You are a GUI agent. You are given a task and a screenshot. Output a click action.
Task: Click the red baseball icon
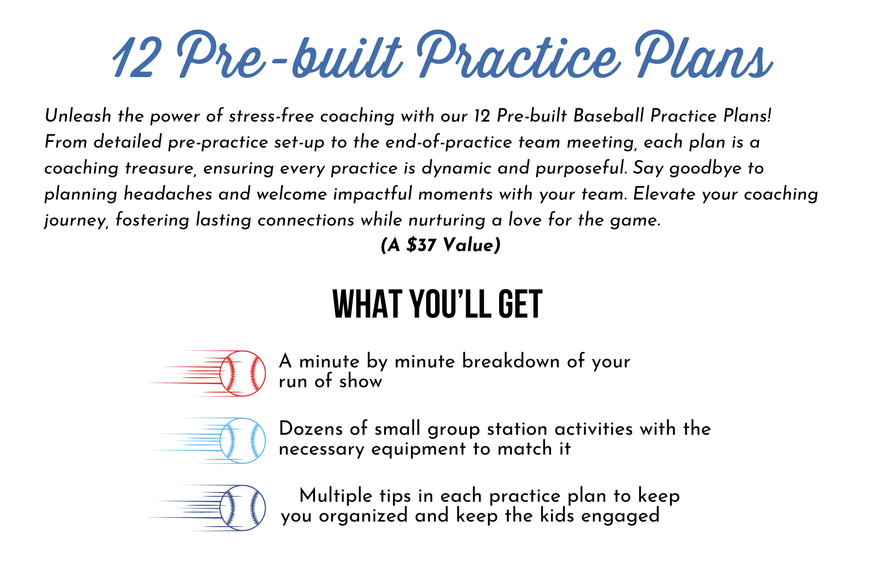pyautogui.click(x=242, y=374)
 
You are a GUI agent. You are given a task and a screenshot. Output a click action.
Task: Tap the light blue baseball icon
pyautogui.click(x=242, y=440)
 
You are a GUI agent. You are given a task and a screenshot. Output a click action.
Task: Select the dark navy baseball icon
pyautogui.click(x=242, y=508)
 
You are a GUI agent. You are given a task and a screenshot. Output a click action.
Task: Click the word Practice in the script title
pyautogui.click(x=517, y=55)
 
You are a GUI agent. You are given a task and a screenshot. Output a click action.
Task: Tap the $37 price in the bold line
pyautogui.click(x=421, y=245)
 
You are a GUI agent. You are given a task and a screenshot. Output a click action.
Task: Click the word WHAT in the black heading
pyautogui.click(x=367, y=304)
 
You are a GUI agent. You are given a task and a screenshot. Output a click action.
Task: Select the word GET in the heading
pyautogui.click(x=520, y=304)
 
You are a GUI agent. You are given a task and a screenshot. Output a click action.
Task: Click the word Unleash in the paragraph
pyautogui.click(x=78, y=116)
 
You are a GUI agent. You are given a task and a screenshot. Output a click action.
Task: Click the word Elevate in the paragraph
pyautogui.click(x=664, y=194)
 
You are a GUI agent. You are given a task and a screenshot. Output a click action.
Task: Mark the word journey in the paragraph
pyautogui.click(x=76, y=220)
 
